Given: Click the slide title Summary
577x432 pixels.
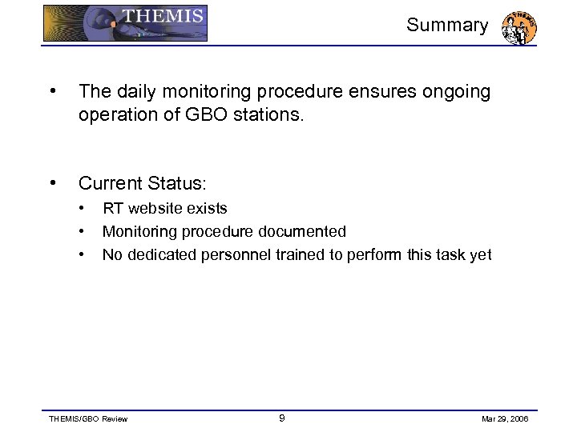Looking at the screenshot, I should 446,26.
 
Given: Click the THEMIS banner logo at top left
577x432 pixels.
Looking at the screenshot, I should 125,23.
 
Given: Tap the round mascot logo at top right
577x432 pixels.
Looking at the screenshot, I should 518,27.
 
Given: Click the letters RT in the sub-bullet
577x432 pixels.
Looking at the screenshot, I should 113,209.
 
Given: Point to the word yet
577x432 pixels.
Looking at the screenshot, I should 480,255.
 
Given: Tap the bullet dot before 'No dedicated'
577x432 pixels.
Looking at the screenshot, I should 83,255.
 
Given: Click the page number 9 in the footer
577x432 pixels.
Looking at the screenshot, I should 281,418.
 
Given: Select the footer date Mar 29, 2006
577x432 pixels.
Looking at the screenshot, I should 506,418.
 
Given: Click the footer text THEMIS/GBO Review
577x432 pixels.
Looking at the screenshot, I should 88,418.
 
